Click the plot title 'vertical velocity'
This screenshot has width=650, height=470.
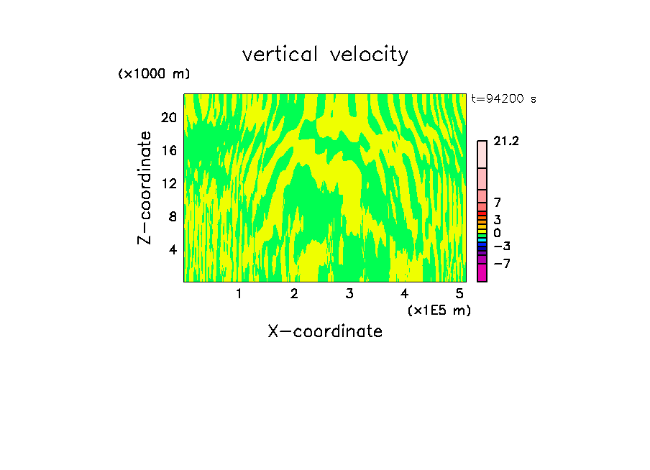[325, 55]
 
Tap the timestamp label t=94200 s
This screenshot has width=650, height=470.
[503, 99]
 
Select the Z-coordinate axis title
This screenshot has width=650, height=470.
[145, 188]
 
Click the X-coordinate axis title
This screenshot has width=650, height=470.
[325, 331]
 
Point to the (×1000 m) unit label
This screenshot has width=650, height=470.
[154, 74]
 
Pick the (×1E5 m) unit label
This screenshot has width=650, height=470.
[439, 310]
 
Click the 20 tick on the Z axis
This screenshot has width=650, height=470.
[169, 118]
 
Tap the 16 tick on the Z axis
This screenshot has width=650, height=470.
[169, 151]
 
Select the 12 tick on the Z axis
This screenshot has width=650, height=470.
[169, 183]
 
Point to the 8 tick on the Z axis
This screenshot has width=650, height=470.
[173, 216]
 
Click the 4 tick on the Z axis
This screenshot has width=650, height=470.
[173, 249]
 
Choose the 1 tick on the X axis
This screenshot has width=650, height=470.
[239, 293]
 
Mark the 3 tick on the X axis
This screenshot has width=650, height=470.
[349, 293]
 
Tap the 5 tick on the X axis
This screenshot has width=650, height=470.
[459, 293]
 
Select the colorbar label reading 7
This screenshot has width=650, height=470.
[497, 203]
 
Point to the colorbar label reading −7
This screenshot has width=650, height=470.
[502, 264]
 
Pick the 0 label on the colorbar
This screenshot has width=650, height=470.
[497, 233]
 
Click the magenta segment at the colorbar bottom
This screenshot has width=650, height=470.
[482, 272]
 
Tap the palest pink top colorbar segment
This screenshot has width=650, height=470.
[482, 155]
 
